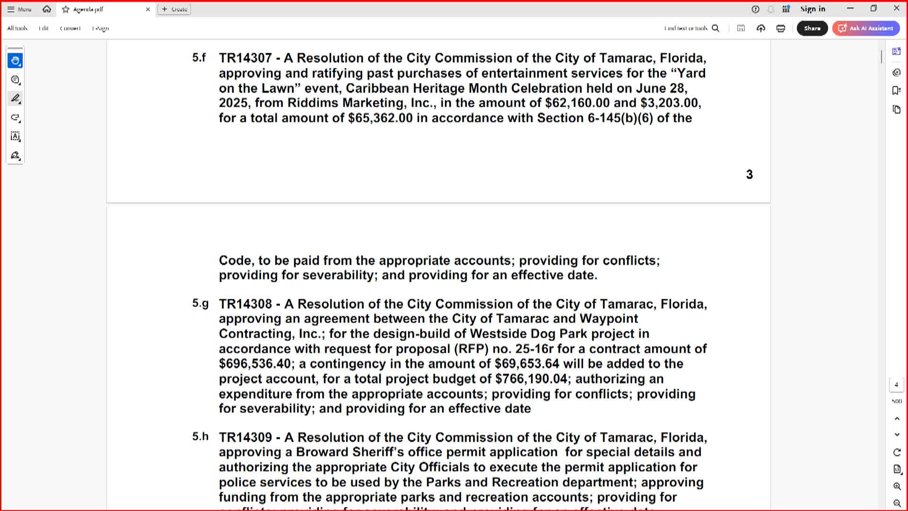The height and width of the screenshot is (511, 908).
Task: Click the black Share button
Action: click(812, 28)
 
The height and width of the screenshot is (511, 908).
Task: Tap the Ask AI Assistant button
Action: click(866, 28)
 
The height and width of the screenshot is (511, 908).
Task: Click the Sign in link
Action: click(812, 9)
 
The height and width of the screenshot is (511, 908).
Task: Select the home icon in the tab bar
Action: click(47, 9)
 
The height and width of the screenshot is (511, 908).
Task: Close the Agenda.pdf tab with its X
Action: click(148, 9)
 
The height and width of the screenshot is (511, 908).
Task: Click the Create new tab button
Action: click(174, 9)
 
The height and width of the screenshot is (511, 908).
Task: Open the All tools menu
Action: click(17, 28)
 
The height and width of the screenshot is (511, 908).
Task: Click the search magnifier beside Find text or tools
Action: click(716, 28)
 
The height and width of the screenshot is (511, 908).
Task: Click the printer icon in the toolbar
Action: click(781, 28)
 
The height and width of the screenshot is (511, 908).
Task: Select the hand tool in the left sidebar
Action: click(15, 61)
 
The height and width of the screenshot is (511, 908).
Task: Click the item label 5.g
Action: click(200, 303)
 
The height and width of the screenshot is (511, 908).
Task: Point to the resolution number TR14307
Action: click(245, 58)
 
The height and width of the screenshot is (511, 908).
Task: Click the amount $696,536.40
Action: click(255, 364)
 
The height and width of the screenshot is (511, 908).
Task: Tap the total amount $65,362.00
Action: click(380, 118)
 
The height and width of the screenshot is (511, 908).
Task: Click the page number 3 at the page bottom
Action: click(749, 175)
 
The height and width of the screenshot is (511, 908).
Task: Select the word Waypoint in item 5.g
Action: click(609, 319)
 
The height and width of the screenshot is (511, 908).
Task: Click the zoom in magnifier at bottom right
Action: click(897, 486)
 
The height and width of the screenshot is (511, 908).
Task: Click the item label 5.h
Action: click(200, 436)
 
